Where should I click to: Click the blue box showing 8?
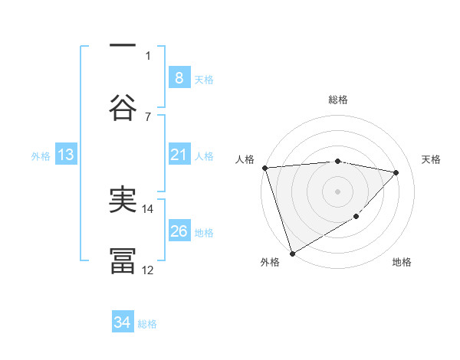point(179,78)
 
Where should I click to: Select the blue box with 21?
point(179,155)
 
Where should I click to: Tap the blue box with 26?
point(179,231)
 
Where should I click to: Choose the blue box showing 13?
point(66,155)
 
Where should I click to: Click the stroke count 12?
point(148,269)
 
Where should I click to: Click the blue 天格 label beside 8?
point(204,79)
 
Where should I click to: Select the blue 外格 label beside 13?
point(41,155)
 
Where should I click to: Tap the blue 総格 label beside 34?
point(148,323)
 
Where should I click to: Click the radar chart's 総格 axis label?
point(338,100)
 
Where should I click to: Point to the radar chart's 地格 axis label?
point(402,262)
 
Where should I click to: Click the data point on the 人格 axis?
point(264,168)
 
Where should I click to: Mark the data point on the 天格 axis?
point(396,172)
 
